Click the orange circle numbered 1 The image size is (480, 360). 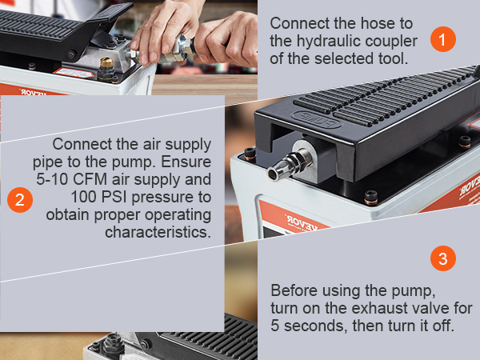pos(443,39)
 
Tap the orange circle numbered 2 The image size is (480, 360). pos(20,200)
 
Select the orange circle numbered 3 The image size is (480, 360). pos(443,258)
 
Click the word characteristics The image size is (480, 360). pos(158,232)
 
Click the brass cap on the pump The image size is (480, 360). pos(106,63)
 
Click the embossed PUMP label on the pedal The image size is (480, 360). pos(316,119)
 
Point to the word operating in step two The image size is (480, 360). pos(178,215)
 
